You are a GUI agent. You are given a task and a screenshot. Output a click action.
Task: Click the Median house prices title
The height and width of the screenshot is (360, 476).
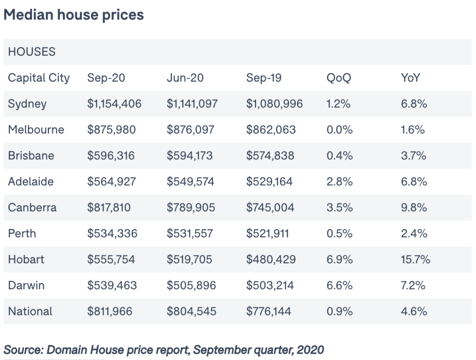74,15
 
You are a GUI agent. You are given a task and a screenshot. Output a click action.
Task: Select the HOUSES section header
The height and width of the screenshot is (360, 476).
32,52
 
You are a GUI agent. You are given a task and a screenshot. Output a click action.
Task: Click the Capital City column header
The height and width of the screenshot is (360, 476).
39,78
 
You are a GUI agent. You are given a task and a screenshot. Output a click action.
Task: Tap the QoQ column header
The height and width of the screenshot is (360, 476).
339,78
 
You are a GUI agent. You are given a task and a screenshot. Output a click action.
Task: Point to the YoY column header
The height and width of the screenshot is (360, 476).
410,78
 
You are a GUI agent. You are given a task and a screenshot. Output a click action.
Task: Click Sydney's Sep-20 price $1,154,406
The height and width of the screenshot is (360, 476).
115,104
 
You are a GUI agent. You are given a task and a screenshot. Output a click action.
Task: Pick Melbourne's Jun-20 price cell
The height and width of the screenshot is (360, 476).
191,130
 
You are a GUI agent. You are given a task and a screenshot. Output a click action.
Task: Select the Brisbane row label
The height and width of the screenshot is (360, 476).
31,156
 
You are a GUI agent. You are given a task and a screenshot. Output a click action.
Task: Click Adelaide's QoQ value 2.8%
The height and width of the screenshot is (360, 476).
340,182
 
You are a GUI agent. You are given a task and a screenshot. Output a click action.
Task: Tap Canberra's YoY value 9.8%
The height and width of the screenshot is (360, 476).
414,207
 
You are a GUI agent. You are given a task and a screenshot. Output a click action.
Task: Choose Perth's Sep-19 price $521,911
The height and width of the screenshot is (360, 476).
268,234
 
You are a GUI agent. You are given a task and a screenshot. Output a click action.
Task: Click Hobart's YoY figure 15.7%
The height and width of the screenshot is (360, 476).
416,259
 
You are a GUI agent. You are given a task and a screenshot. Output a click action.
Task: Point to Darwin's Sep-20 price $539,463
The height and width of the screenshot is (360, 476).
112,285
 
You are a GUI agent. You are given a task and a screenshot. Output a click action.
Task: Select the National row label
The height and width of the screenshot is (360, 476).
30,311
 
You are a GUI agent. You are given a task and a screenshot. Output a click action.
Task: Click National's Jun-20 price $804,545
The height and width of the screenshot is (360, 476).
192,311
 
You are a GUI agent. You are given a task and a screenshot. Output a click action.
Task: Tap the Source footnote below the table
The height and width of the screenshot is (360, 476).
164,350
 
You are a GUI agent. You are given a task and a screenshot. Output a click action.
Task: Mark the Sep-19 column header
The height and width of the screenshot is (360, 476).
264,78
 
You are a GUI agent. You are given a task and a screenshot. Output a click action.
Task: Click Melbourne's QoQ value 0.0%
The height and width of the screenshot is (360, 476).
340,130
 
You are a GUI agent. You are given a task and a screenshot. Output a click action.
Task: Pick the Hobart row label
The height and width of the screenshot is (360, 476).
26,259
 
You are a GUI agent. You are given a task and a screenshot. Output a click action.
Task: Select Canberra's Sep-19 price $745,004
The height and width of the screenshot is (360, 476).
270,207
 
